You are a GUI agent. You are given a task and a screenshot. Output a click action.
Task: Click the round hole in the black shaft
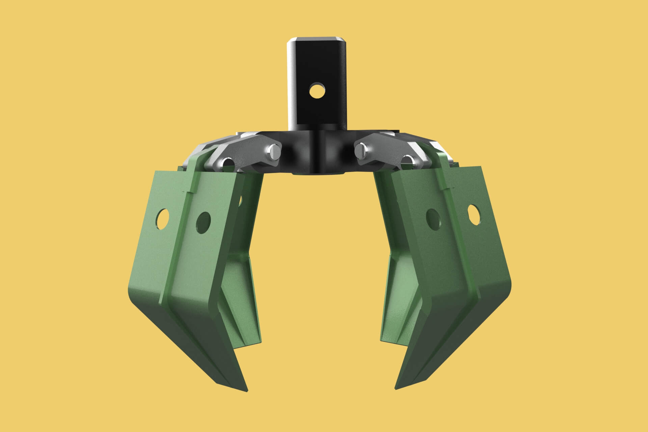point(317,91)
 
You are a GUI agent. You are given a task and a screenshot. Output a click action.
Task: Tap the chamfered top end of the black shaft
point(317,39)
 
